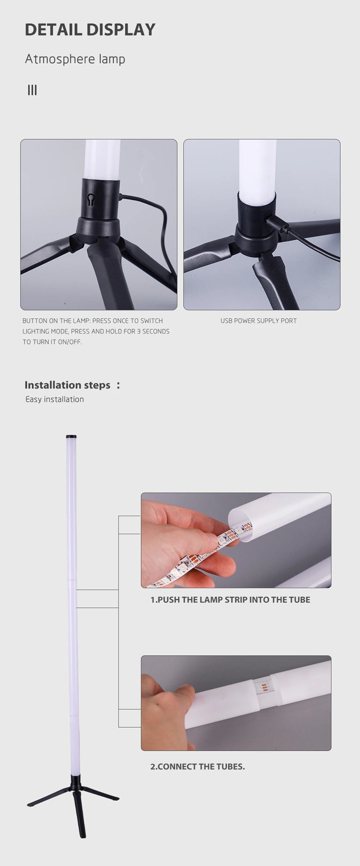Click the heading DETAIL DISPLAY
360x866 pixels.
coord(90,30)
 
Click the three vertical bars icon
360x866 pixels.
coord(32,90)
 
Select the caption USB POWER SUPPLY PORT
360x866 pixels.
coord(259,321)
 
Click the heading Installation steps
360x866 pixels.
coord(68,385)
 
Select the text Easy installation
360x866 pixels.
coord(54,399)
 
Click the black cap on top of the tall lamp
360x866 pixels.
coord(71,436)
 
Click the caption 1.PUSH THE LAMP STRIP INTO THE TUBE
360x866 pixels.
coord(230,599)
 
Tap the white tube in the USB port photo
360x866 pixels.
coord(257,164)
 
